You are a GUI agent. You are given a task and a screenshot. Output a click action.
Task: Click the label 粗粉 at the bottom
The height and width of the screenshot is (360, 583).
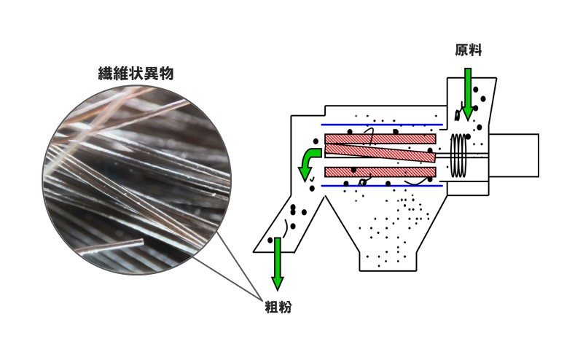coord(278,307)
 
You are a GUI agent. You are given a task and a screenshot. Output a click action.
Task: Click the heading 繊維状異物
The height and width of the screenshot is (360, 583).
coord(136,74)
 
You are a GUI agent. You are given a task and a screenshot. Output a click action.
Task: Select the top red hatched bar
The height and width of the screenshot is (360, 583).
coord(379,137)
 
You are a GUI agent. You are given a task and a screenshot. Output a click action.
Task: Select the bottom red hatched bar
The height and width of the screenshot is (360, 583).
coord(379,172)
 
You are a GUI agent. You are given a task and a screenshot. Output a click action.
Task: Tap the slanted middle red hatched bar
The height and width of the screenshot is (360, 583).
coord(379,152)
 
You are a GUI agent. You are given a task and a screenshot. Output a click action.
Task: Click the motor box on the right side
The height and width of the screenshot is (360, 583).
coord(514,155)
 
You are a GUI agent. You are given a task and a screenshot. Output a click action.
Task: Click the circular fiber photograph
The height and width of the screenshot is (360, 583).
coord(136,179)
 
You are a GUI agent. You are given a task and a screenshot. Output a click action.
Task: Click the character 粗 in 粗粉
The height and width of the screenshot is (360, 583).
coord(270,307)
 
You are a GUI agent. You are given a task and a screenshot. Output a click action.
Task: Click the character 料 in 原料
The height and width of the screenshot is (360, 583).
coord(475,50)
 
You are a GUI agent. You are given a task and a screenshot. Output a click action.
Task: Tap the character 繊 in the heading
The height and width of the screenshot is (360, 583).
coord(106,74)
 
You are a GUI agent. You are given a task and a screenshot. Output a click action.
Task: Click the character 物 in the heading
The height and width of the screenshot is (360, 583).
coord(166,74)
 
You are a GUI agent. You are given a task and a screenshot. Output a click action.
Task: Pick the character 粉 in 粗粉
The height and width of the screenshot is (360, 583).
coord(285,307)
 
